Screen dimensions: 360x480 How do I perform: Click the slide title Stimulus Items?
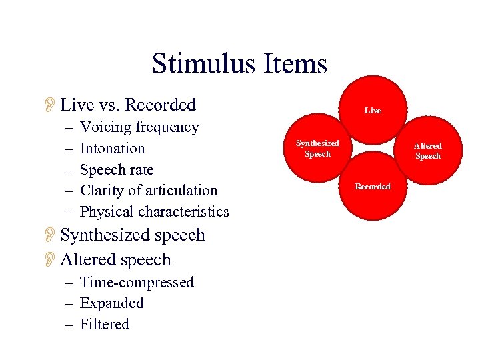tap(239, 64)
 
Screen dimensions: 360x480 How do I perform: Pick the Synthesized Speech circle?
tap(319, 149)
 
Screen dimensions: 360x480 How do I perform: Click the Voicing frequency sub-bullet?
tap(139, 127)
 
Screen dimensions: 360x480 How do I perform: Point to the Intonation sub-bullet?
tap(112, 148)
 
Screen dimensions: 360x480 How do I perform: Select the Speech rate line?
tap(117, 169)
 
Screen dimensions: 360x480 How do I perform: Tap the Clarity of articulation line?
tap(149, 191)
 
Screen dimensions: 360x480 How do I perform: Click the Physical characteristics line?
tap(154, 212)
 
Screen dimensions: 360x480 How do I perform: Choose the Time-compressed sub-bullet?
tap(137, 282)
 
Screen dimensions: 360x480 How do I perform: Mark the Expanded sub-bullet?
tap(112, 303)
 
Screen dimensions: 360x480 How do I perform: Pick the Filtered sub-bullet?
tap(105, 325)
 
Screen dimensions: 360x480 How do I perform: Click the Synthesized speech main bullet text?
tap(133, 235)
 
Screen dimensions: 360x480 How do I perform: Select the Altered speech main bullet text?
tap(116, 260)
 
